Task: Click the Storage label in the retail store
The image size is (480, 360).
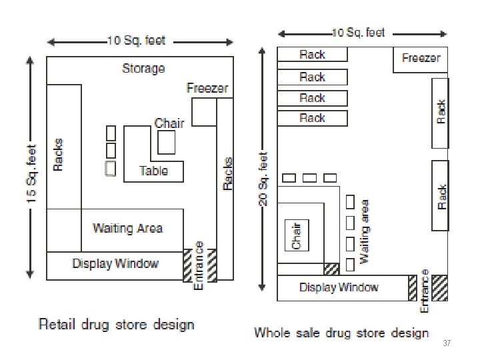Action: click(x=143, y=69)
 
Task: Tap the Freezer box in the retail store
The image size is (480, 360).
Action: click(x=203, y=111)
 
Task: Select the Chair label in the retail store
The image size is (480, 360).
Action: click(x=169, y=123)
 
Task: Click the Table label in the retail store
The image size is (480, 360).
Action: click(x=153, y=171)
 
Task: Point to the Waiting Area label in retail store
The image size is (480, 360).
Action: click(x=127, y=228)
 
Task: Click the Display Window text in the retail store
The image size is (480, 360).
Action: click(x=115, y=263)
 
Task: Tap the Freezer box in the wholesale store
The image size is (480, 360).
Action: click(x=421, y=58)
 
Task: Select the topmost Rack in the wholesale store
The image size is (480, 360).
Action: click(x=312, y=55)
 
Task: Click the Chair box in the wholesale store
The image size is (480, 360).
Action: click(x=297, y=235)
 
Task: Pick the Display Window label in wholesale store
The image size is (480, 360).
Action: click(x=339, y=287)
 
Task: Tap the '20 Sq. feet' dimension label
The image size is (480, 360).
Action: click(x=263, y=180)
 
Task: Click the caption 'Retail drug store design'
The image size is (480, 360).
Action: click(x=117, y=325)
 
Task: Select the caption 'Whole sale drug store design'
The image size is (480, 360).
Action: click(x=341, y=332)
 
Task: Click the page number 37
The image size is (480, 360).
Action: click(x=447, y=343)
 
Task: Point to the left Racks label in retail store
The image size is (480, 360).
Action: click(x=58, y=154)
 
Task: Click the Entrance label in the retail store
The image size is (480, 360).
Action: click(x=199, y=265)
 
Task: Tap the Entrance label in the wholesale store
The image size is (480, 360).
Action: click(x=425, y=291)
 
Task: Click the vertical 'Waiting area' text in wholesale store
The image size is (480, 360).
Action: click(x=365, y=231)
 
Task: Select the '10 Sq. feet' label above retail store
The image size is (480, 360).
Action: click(x=137, y=41)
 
